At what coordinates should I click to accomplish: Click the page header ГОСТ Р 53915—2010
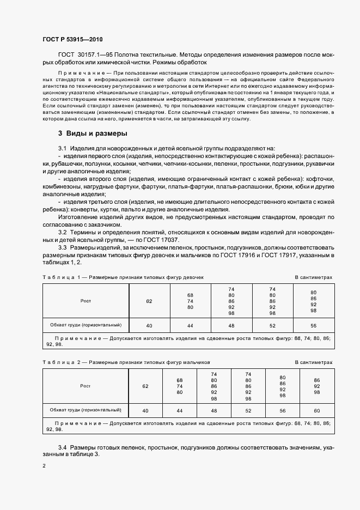72,40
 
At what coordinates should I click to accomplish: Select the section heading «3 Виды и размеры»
93,133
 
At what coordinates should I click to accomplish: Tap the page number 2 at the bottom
44,466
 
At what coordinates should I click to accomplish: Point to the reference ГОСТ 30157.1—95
84,55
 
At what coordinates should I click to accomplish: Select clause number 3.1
62,148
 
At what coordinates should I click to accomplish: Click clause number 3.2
62,232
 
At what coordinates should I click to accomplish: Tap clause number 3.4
62,447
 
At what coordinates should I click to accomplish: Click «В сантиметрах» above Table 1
313,277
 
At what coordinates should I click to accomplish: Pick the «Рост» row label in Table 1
86,300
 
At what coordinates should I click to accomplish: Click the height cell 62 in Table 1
149,301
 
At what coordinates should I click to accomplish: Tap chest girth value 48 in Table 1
231,325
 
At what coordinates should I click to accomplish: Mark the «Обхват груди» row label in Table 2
85,410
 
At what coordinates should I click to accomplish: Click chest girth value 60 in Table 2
318,410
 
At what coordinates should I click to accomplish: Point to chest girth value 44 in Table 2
179,410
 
